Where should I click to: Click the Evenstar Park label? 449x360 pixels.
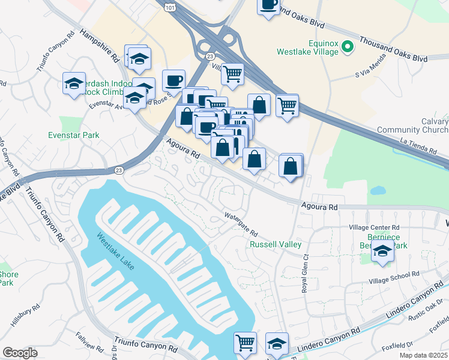tap(74, 135)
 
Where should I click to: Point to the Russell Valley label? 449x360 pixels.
tap(275, 245)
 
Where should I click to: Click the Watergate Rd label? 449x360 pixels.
tap(241, 223)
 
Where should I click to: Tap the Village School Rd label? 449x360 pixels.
tap(394, 278)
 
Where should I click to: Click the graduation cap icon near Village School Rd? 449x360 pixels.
tap(382, 252)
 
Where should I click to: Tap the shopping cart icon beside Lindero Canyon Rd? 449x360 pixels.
tap(245, 343)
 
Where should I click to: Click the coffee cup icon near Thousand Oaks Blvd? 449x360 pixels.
tap(268, 5)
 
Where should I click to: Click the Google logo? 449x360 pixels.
tap(20, 353)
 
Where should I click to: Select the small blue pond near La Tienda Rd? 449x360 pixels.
tap(378, 191)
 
